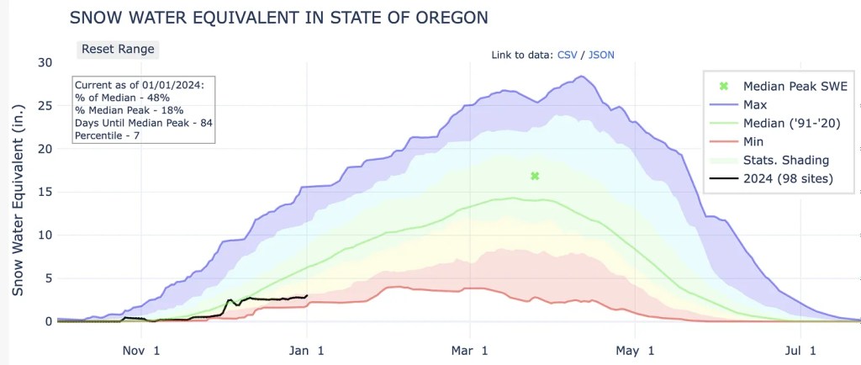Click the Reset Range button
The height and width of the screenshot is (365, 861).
point(118,49)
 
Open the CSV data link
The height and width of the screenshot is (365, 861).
point(568,55)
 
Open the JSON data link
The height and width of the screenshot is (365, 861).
point(602,55)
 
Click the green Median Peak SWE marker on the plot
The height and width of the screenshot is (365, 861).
point(535,176)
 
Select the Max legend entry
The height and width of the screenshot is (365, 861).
point(755,104)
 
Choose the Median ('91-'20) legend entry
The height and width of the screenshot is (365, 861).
point(790,123)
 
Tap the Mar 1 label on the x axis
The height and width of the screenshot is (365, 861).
point(473,349)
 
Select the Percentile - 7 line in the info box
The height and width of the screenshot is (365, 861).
point(107,135)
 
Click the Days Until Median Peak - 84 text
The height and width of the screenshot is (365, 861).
point(135,123)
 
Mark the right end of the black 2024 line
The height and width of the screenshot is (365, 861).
point(307,295)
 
